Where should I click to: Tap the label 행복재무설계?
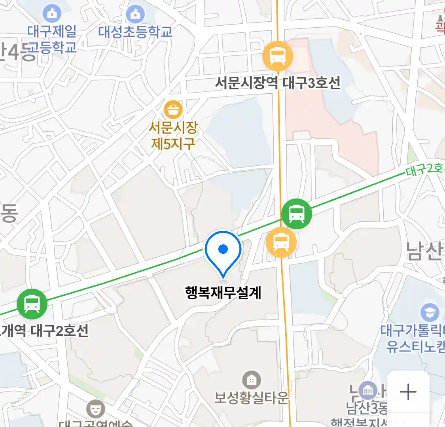(223, 293)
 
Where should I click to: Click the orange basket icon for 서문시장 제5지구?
(173, 110)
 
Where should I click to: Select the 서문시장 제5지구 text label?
(173, 135)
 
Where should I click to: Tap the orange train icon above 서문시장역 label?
(278, 56)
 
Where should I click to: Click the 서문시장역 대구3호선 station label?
(278, 83)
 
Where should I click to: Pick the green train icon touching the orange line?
(296, 213)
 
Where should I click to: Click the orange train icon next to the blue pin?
(281, 242)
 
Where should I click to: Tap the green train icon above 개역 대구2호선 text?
(32, 304)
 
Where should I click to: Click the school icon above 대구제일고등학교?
(52, 14)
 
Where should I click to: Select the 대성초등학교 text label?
(135, 32)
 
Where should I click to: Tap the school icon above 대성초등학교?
(135, 14)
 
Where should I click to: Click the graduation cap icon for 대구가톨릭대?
(430, 313)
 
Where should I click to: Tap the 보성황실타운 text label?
(251, 398)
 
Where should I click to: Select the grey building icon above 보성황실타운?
(251, 380)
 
